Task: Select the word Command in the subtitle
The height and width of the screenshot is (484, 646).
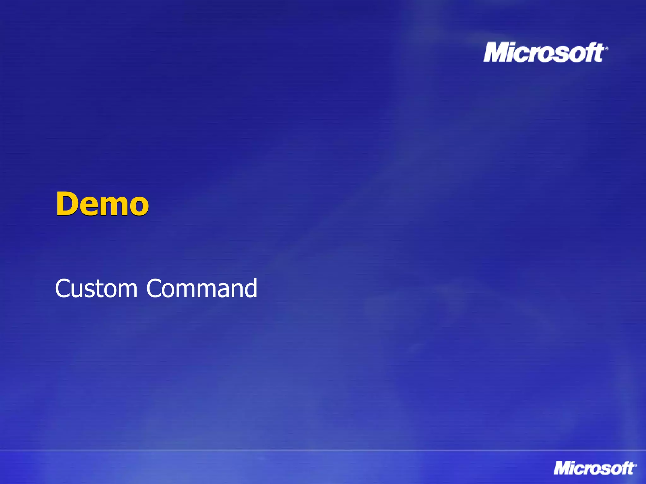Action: [x=202, y=288]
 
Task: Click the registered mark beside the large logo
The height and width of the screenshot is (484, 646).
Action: [x=607, y=49]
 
